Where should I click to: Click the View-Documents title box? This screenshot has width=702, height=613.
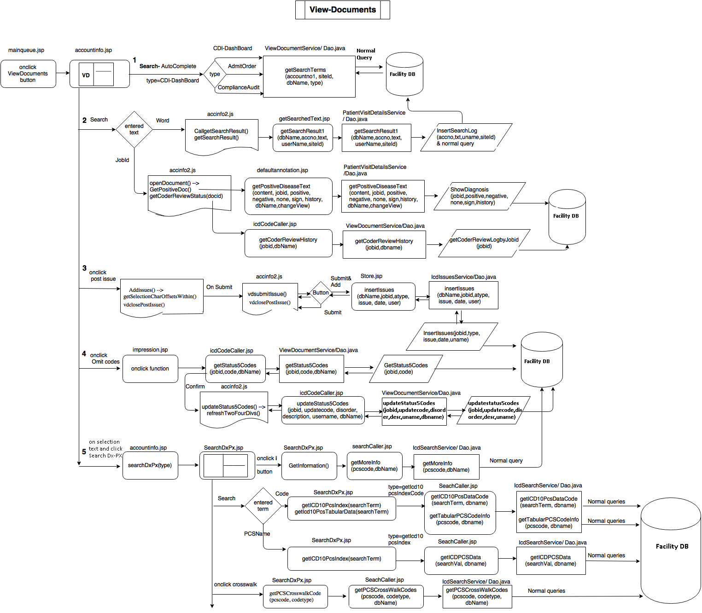[x=342, y=10]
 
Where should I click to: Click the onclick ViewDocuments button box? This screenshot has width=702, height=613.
[x=28, y=74]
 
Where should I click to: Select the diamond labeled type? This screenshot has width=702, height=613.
[x=215, y=74]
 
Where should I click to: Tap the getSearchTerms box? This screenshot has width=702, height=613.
[x=309, y=77]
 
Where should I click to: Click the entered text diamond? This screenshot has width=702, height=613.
[x=134, y=129]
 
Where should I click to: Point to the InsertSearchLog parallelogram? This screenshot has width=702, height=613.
[x=466, y=137]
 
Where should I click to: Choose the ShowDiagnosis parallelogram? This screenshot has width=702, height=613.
[x=479, y=196]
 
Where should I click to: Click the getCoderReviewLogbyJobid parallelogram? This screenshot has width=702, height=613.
[x=484, y=243]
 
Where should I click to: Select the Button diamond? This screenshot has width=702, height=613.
[x=321, y=293]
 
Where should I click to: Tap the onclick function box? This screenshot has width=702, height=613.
[x=150, y=369]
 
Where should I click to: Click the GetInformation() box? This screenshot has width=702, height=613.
[x=309, y=466]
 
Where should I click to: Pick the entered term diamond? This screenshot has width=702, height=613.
[x=263, y=506]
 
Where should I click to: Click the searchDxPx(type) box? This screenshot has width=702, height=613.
[x=150, y=465]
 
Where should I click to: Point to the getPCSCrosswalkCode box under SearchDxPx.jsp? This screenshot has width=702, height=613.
[x=295, y=596]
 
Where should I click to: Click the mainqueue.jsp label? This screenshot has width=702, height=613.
[x=26, y=50]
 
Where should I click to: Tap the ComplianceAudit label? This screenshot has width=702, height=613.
[x=239, y=87]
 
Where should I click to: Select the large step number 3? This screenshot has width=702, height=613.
[x=84, y=268]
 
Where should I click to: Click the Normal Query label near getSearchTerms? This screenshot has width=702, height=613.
[x=366, y=54]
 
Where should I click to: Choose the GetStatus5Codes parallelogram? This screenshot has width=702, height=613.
[x=405, y=369]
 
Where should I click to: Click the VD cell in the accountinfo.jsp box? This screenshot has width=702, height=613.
[x=86, y=75]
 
